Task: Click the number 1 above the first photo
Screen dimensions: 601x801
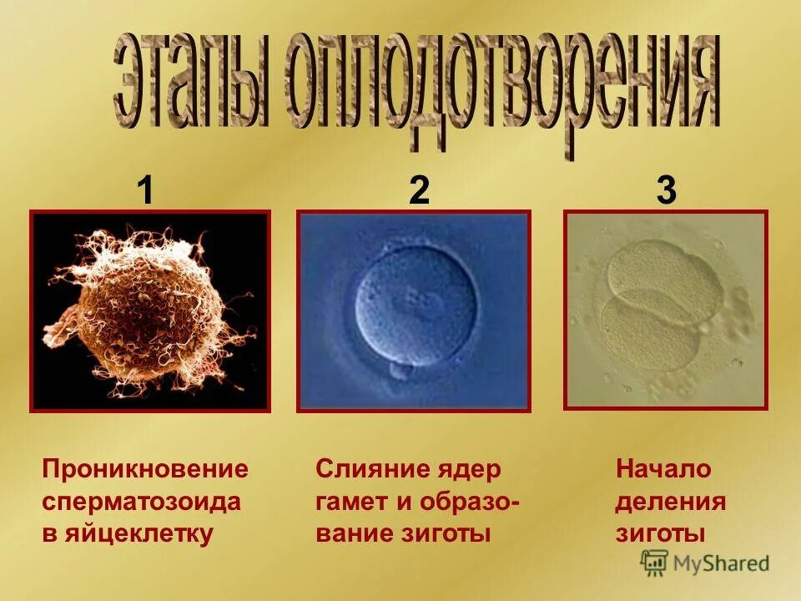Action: [146, 191]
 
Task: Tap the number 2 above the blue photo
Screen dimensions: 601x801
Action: [419, 191]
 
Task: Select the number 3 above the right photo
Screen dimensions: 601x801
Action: [666, 191]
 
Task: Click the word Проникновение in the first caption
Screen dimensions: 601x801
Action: [145, 469]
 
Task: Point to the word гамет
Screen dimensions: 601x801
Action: [350, 502]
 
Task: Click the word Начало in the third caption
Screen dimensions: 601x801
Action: [663, 469]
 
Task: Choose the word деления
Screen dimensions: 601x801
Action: [670, 502]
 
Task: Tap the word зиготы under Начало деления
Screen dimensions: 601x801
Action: [661, 533]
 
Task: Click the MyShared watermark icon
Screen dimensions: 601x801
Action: [654, 563]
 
